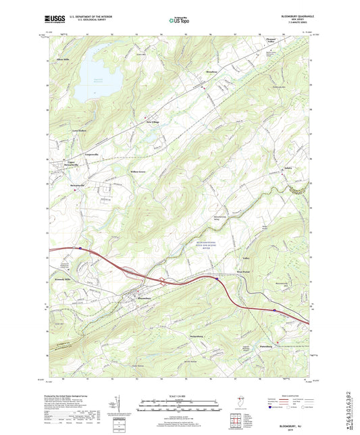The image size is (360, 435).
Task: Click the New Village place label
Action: point(153,122)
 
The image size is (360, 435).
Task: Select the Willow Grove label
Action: point(138,172)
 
